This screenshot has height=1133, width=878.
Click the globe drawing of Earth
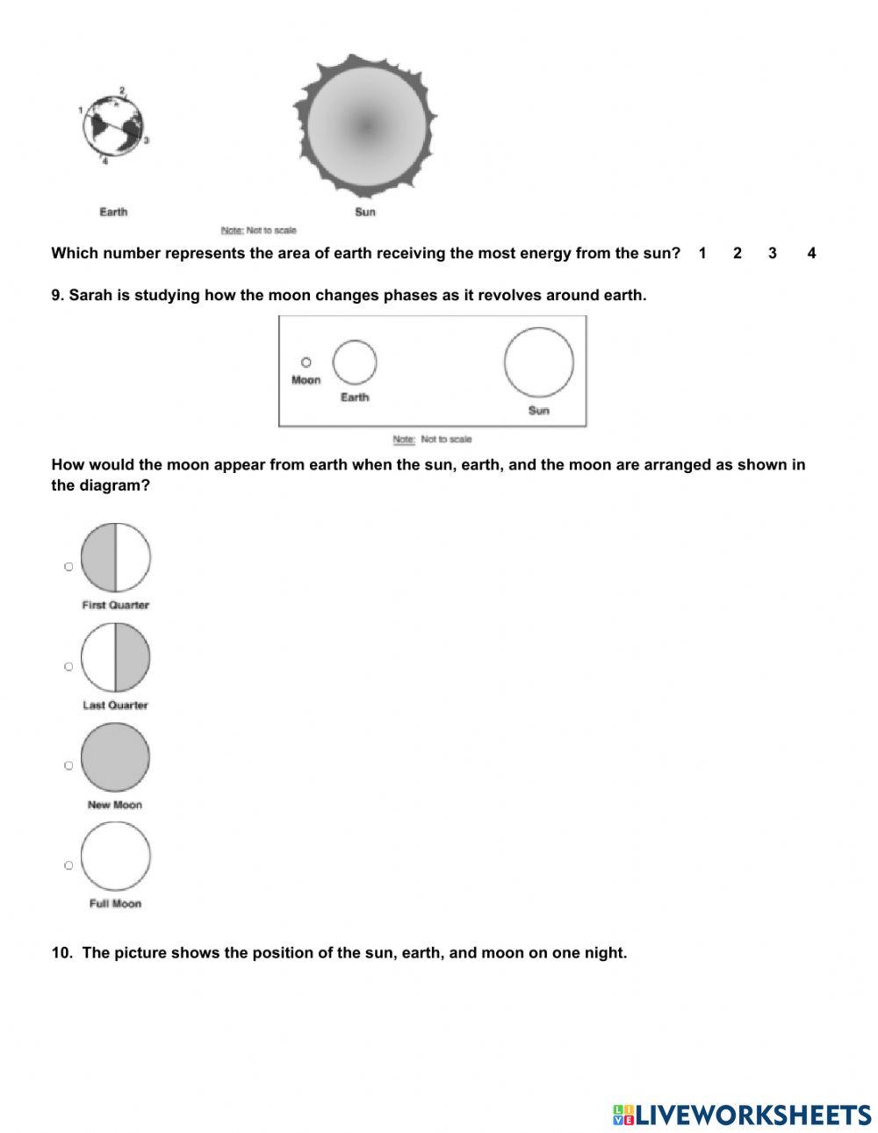click(113, 127)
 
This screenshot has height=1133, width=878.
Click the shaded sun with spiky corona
click(365, 125)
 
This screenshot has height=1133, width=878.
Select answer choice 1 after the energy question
click(702, 254)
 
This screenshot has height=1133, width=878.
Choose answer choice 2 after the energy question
click(738, 254)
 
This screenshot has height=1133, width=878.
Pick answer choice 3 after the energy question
click(773, 254)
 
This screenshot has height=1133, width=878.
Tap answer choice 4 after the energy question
click(811, 254)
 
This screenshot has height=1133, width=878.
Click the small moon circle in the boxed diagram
click(306, 362)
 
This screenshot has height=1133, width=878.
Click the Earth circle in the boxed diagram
click(355, 362)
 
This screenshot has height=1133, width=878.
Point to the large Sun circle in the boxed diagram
click(539, 362)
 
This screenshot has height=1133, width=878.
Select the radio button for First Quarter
click(68, 567)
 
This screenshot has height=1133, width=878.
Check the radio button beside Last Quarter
click(68, 666)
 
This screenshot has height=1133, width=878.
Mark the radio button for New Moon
click(68, 765)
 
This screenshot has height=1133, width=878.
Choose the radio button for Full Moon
click(68, 865)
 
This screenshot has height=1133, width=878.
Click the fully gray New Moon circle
click(115, 757)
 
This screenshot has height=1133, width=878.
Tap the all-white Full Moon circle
click(115, 856)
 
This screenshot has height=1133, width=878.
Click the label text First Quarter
click(115, 605)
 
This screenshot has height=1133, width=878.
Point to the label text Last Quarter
click(115, 705)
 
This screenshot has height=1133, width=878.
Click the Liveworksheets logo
click(742, 1115)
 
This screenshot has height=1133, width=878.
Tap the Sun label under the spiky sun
click(365, 212)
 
